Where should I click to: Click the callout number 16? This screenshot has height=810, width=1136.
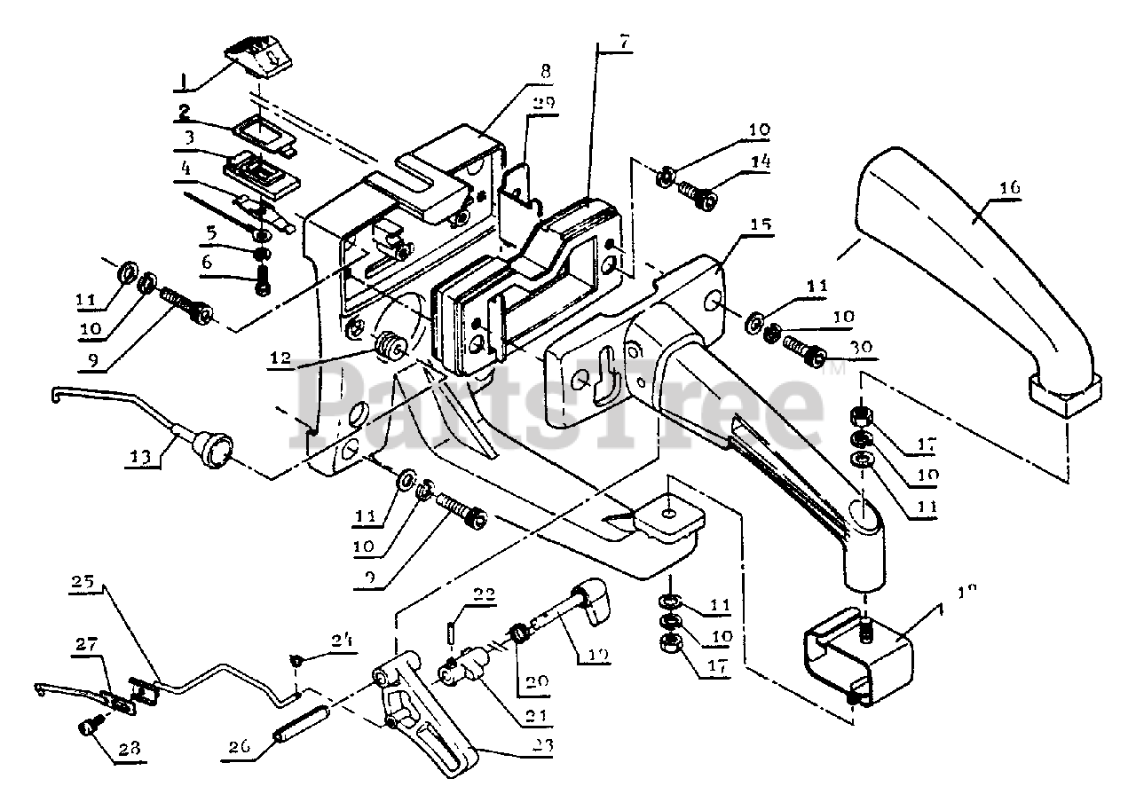point(1010,188)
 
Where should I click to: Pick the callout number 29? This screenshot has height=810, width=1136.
point(544,103)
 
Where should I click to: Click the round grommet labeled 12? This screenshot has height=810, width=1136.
point(388,345)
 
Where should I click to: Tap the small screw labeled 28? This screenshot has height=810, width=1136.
point(87,727)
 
